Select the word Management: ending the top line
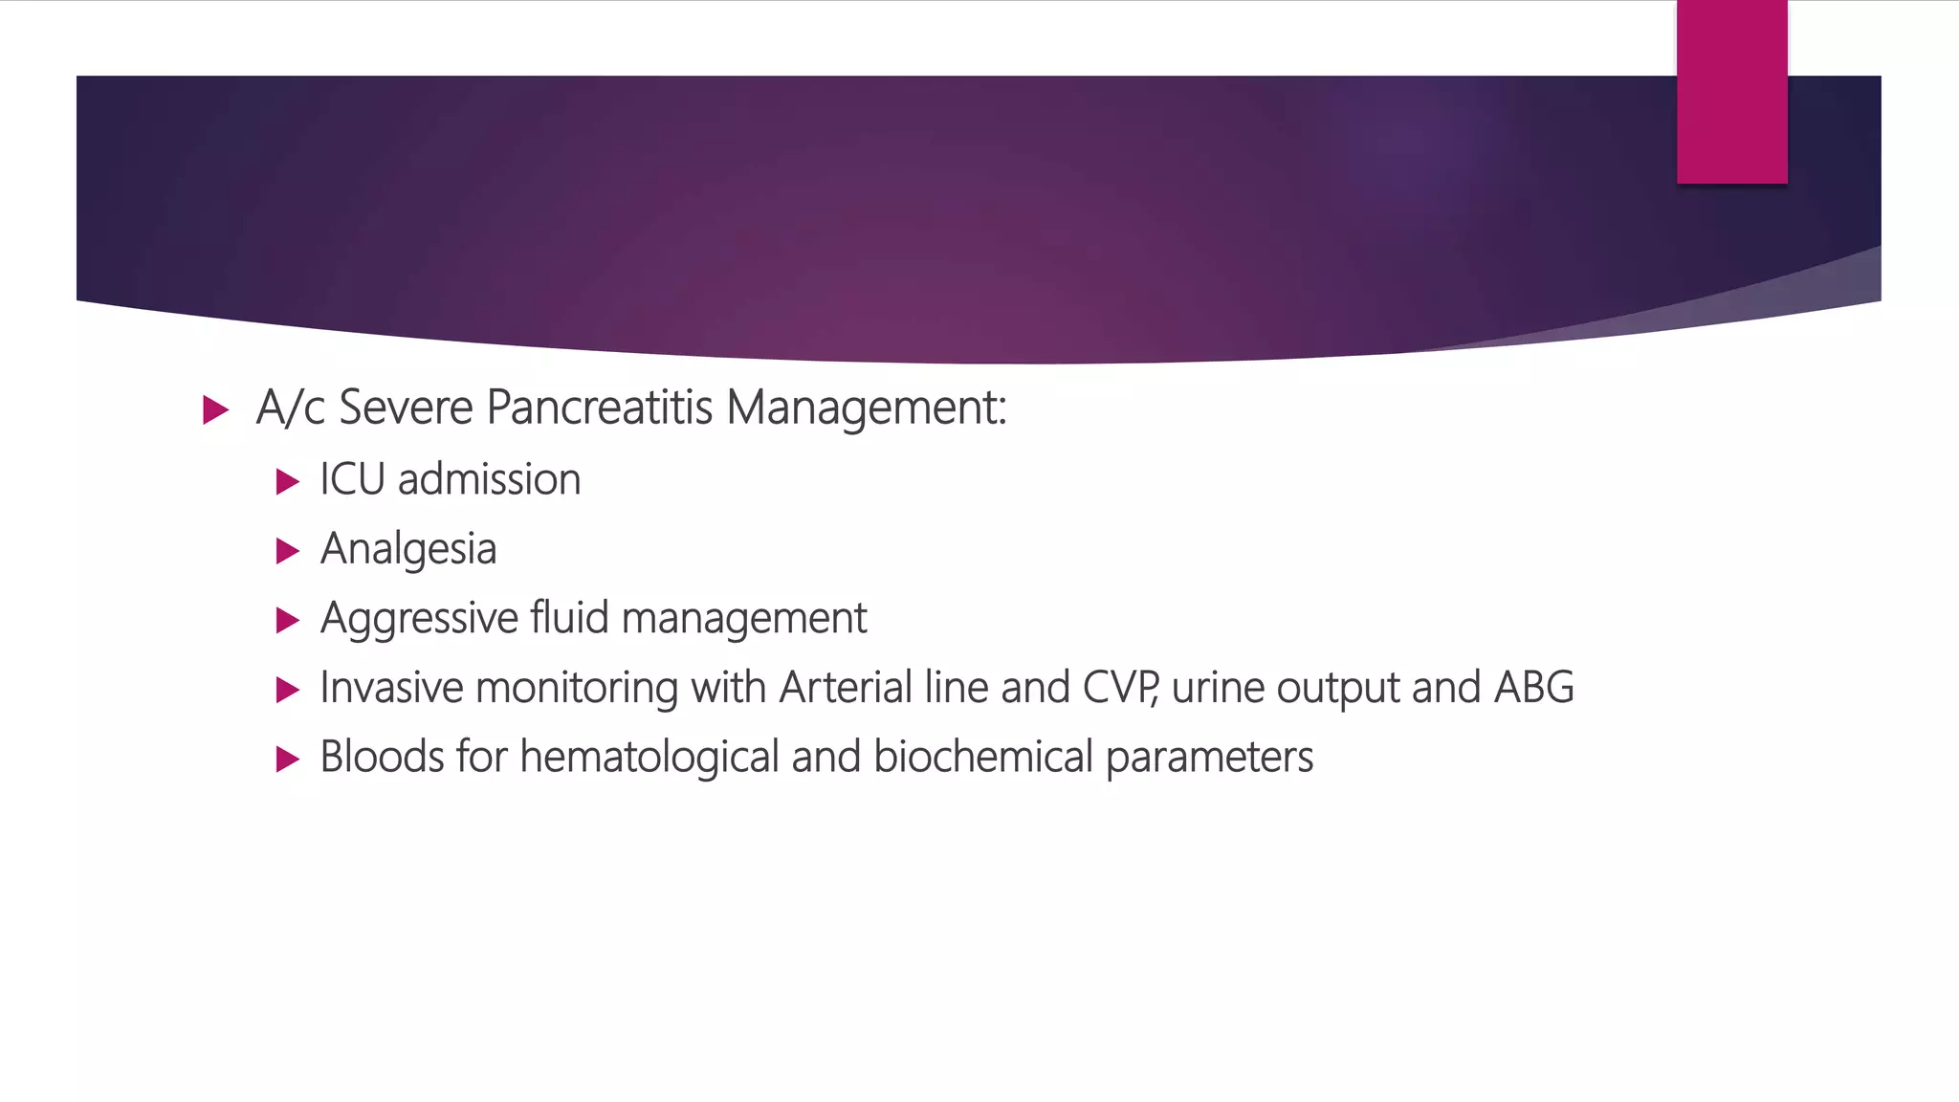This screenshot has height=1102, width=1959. [866, 408]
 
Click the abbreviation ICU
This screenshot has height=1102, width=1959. [352, 480]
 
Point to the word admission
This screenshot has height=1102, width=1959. [489, 480]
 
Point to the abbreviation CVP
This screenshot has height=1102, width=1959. [1119, 689]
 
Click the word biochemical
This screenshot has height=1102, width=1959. [982, 758]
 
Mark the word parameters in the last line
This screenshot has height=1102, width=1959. [1209, 758]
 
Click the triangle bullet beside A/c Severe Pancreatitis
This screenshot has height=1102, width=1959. [216, 411]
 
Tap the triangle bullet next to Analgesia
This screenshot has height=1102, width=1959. [287, 551]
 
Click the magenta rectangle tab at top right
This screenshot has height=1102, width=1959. [1731, 92]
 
